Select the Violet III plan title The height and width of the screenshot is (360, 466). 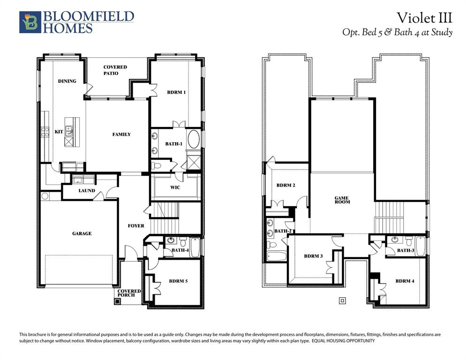point(424,18)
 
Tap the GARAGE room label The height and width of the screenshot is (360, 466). point(82,233)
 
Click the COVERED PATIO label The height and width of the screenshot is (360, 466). point(115,70)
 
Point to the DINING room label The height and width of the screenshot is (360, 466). point(67,81)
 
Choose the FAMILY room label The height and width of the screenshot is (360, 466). point(121,135)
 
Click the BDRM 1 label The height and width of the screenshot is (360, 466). point(176,92)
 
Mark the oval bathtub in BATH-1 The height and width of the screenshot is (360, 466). point(193,139)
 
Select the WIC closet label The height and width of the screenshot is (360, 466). point(175,187)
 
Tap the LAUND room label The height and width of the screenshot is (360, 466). point(86,191)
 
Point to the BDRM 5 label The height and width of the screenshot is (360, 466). point(178,281)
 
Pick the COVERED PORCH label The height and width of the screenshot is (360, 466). point(129,293)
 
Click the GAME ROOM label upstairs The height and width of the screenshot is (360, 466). point(342,200)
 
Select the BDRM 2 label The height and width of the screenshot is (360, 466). point(286,186)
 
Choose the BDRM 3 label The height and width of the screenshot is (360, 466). point(313,256)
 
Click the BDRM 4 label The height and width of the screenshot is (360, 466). point(405,281)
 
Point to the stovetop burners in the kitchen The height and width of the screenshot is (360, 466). point(46,132)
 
